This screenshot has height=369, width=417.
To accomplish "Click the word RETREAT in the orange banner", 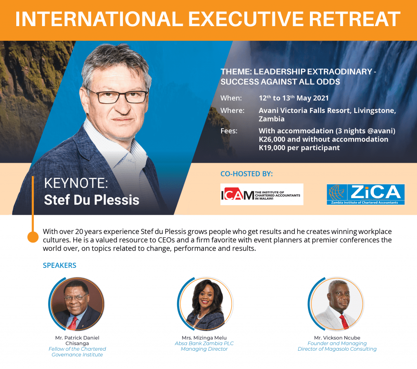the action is pos(355,19).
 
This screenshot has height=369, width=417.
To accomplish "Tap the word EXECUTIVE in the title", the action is pos(246,19).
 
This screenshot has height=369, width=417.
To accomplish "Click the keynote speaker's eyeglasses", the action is pos(119,96).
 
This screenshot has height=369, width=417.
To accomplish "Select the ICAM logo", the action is pos(262,194).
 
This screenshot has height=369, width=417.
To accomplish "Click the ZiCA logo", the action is pos(366,194).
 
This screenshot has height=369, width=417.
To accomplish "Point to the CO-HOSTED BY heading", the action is pos(246,174).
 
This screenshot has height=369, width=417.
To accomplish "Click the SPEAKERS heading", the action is pos(59,265).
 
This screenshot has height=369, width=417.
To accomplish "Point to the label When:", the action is pos(231,98).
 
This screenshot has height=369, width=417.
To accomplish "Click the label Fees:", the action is pos(229,131).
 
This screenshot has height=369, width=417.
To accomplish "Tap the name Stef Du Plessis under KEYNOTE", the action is pos(92,200).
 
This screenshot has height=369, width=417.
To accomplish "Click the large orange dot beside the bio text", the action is pos(33,237).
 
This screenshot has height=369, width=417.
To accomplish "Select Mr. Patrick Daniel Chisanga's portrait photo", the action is pos(77,304).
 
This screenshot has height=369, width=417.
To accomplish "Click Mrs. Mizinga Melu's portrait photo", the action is pos(206,304).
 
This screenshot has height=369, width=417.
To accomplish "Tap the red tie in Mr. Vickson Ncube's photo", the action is pos(344,322).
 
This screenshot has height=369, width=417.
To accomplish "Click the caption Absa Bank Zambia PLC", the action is pos(204,343).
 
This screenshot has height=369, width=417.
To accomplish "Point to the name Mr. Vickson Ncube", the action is pos(337,338).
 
